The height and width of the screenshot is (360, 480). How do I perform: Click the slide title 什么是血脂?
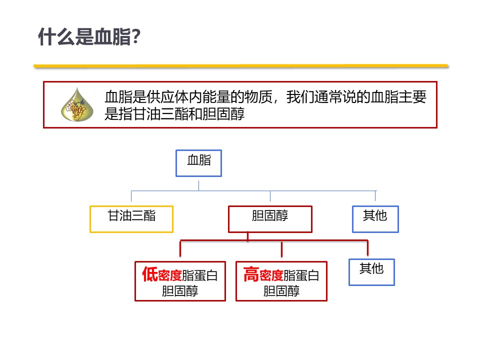click(x=89, y=36)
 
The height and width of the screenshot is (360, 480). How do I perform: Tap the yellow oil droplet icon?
click(x=77, y=104)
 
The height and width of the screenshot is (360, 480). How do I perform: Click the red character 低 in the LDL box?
click(x=150, y=274)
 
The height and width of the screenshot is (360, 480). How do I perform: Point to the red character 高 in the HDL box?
click(x=251, y=274)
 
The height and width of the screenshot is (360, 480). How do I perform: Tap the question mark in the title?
click(x=136, y=36)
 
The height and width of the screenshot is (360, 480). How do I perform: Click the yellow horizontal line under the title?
click(x=240, y=66)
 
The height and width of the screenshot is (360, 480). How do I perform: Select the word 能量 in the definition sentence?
click(x=216, y=97)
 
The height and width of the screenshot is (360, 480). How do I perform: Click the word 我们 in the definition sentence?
click(x=300, y=97)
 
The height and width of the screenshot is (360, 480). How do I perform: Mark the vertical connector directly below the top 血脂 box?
click(x=198, y=186)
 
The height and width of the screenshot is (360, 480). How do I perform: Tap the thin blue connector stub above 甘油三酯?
click(x=131, y=196)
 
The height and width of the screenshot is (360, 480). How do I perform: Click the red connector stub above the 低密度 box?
click(x=180, y=248)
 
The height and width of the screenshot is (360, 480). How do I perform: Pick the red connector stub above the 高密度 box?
click(x=281, y=249)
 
